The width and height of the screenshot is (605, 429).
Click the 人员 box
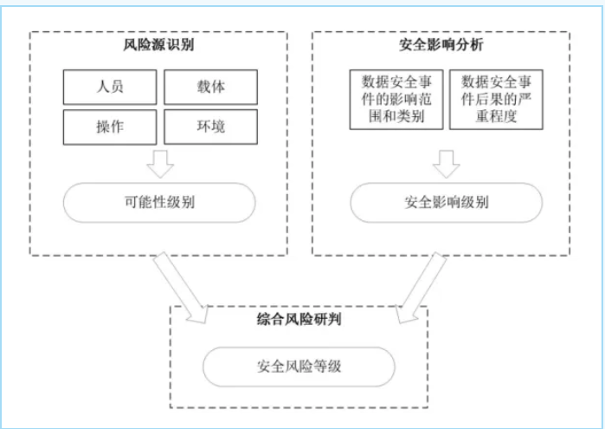[x=110, y=87]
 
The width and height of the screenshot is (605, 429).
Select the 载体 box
[x=210, y=87]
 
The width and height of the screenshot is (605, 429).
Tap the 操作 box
[x=110, y=127]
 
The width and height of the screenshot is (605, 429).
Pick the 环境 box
[x=210, y=127]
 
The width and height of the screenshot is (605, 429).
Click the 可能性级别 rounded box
[x=160, y=203]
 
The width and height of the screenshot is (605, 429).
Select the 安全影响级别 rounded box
[x=446, y=203]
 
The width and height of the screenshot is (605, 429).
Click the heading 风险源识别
[x=159, y=43]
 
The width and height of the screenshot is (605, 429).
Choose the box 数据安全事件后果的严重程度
[x=496, y=99]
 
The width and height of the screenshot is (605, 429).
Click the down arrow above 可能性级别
[x=160, y=162]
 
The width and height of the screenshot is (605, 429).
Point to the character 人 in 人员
[x=103, y=87]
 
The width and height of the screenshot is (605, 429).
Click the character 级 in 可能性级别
[x=174, y=203]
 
